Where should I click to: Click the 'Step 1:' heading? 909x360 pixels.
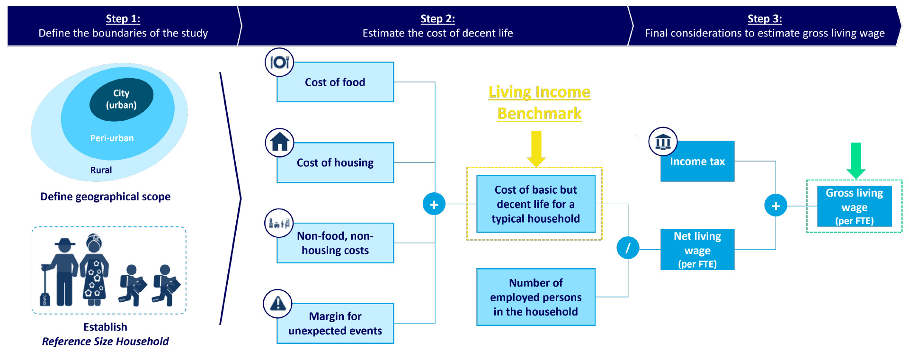(x=123, y=19)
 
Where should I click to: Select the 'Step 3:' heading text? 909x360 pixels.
(x=765, y=19)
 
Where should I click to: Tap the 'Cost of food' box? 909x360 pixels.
(x=335, y=82)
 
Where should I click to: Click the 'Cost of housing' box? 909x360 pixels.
(x=335, y=162)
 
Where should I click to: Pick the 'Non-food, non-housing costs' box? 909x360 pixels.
(x=335, y=243)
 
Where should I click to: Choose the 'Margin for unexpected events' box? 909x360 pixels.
(x=335, y=324)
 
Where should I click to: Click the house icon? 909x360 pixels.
(x=279, y=143)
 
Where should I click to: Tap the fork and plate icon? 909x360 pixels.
(x=279, y=62)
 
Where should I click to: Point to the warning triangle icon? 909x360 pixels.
(x=278, y=304)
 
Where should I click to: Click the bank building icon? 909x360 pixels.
(x=663, y=142)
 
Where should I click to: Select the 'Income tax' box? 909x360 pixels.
(x=697, y=162)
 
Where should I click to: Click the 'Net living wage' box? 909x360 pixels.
(x=697, y=250)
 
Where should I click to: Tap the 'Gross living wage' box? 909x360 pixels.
(x=855, y=206)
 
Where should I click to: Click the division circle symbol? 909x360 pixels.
(x=628, y=248)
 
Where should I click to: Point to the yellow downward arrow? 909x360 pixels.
(x=536, y=149)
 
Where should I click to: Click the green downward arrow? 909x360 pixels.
(x=856, y=161)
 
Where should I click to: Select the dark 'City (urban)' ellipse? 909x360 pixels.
(x=122, y=99)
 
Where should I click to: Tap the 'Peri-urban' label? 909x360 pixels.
(x=112, y=138)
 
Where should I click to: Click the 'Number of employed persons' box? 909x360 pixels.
(x=536, y=297)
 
